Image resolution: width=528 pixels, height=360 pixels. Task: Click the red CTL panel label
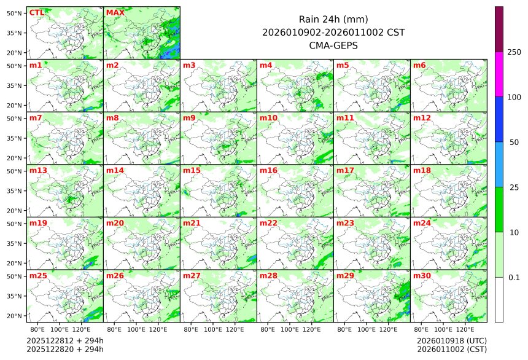pos(36,12)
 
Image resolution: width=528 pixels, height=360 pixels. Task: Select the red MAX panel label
pos(114,12)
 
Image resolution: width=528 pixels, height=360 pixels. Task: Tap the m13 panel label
pos(37,170)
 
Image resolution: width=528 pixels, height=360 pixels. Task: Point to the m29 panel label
pos(344,276)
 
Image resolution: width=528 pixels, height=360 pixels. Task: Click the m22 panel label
pos(268,223)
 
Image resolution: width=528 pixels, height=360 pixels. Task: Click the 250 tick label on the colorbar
pos(514,52)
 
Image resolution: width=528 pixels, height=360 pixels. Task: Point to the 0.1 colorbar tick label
pos(514,277)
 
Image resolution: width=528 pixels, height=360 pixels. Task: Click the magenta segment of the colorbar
pos(499,74)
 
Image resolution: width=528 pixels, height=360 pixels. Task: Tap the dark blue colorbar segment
pos(499,119)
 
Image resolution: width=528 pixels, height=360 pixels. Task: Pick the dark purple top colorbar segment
pos(499,29)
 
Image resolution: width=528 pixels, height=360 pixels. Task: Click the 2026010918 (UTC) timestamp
pos(451,340)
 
